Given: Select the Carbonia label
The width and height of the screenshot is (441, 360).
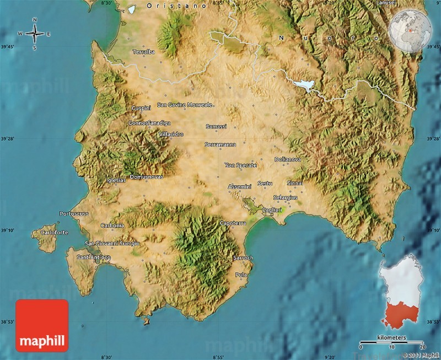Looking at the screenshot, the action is click(112, 225).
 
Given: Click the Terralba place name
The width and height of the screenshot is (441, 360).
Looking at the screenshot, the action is click(143, 52).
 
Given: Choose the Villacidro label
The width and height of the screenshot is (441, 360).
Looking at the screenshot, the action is click(170, 134).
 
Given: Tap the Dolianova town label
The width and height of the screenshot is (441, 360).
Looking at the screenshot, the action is click(288, 159).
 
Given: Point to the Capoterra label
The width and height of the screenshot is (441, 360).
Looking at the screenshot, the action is click(233, 223).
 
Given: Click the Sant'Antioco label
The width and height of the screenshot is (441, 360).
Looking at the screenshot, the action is click(94, 257).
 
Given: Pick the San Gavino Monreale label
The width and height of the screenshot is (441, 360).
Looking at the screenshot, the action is click(185, 104).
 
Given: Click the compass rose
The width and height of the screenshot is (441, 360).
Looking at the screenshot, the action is click(34, 34).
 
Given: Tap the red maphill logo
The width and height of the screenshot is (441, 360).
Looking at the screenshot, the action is click(42, 325).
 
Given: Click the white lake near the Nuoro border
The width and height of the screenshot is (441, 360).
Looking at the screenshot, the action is click(304, 85).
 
